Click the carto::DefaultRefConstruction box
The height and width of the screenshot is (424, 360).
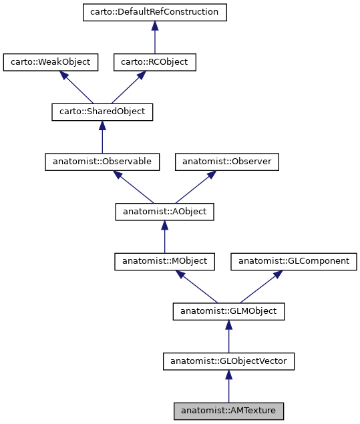pos(154,13)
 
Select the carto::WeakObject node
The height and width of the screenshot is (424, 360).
pos(51,62)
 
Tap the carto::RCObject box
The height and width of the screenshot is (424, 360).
pos(154,62)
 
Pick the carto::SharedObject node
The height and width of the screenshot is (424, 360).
pos(102,112)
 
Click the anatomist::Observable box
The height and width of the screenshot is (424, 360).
pos(102,162)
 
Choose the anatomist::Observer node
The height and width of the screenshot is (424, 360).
pos(226,162)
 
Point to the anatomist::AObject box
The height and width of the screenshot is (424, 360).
pos(164,212)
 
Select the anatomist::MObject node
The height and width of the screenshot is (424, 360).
pos(164,261)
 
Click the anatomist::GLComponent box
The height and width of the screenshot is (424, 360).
pos(294,261)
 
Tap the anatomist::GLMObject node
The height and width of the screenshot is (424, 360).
pos(229,311)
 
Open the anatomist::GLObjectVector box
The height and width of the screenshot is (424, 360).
pos(229,361)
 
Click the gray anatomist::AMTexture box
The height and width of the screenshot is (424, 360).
pos(229,411)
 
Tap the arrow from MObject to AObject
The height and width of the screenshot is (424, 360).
pos(164,238)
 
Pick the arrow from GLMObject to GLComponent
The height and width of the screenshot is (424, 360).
pos(261,286)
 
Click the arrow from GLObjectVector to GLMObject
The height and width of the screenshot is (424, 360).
pos(229,337)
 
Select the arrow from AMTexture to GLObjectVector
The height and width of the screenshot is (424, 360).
pos(229,387)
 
